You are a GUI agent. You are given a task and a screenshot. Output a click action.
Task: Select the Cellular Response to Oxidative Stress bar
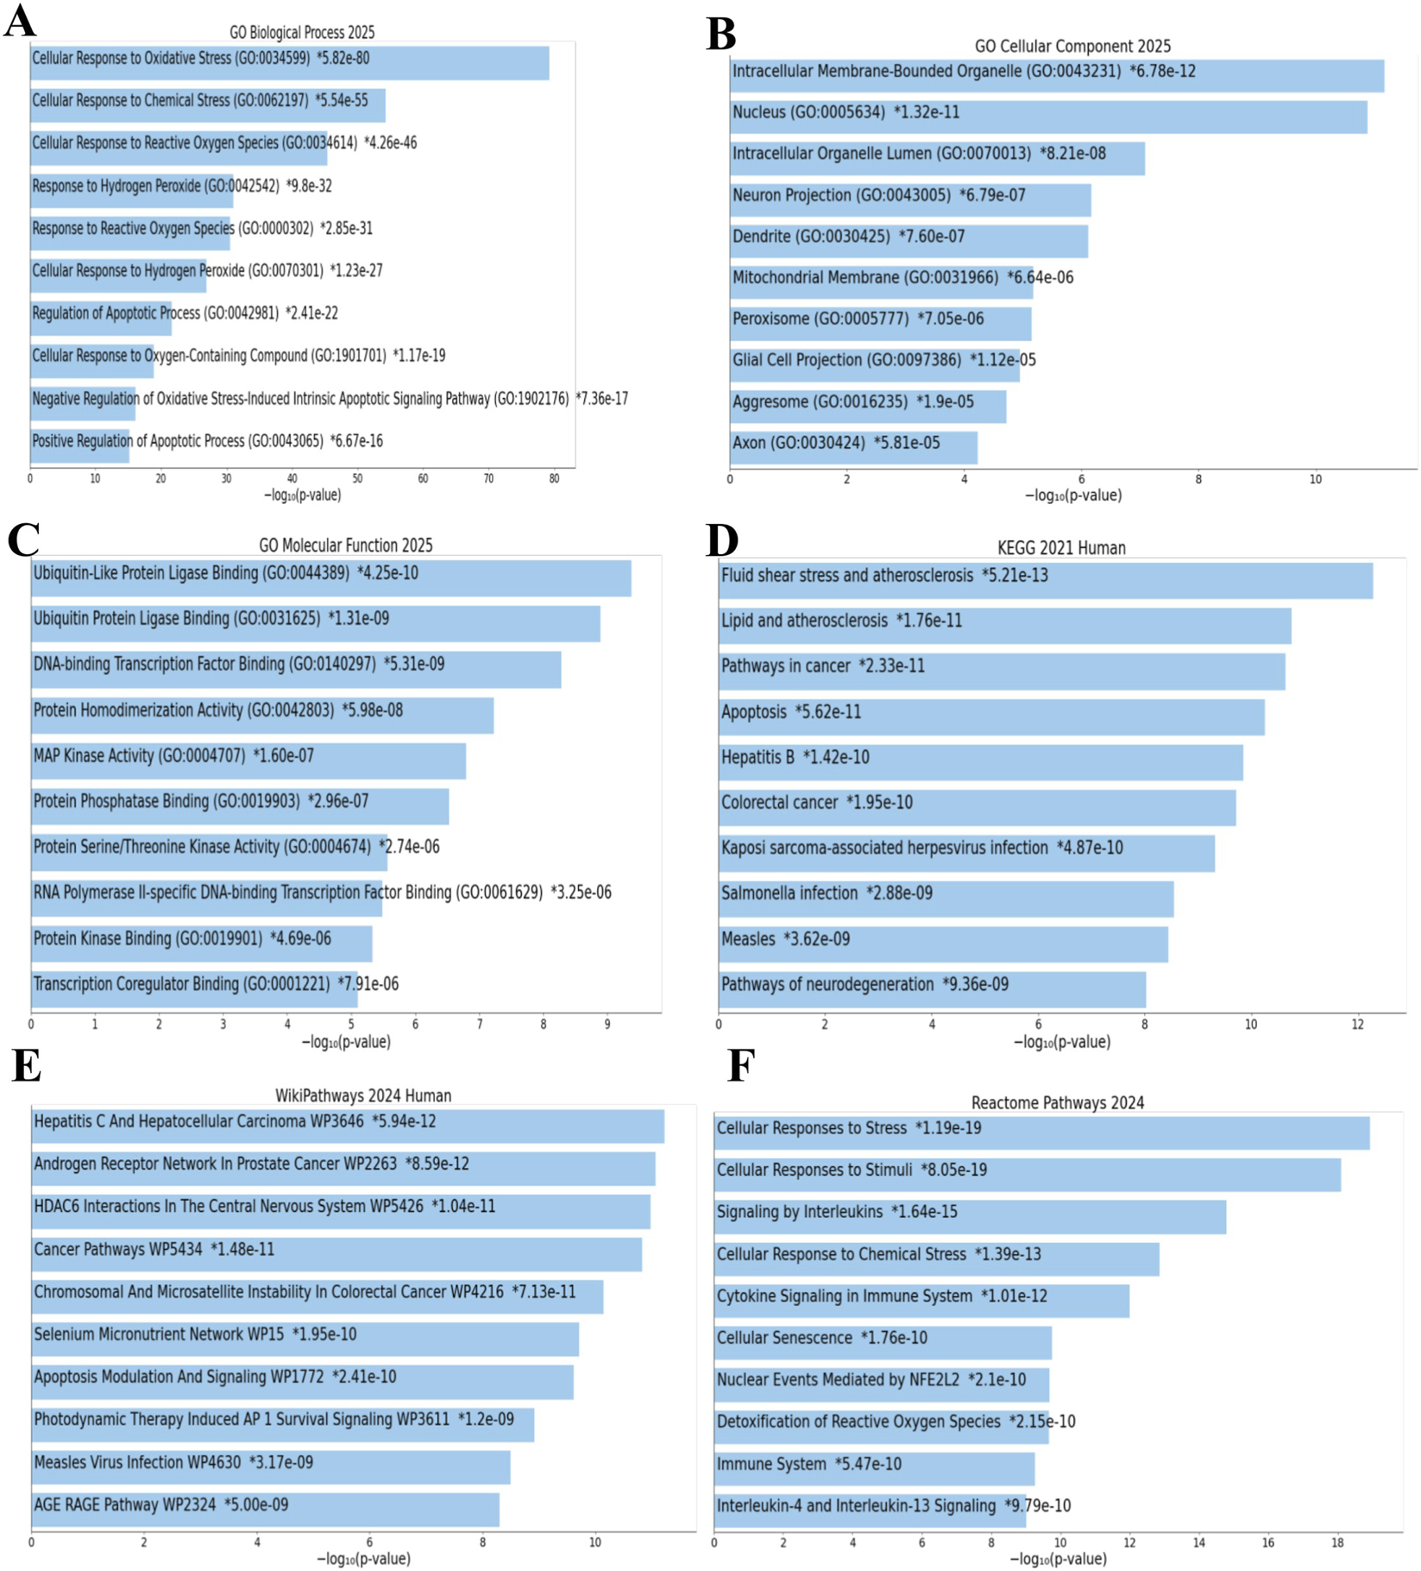pos(289,62)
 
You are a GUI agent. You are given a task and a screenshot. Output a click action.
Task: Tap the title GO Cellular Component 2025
pos(1072,46)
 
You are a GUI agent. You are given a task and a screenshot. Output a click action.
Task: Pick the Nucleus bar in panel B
pos(1047,117)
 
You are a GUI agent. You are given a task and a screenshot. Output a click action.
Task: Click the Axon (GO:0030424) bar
pos(852,447)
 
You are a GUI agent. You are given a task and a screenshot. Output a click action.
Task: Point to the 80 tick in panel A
pos(554,478)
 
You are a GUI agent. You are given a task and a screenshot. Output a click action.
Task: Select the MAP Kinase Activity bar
pos(248,760)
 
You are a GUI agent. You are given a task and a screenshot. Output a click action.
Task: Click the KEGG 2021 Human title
pos(1060,548)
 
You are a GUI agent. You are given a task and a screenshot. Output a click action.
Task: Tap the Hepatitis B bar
pos(980,762)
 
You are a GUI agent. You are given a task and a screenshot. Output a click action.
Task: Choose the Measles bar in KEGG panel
pos(942,943)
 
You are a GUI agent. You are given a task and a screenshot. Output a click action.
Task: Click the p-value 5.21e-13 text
pos(1015,576)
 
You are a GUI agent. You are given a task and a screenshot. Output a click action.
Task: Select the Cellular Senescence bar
pos(882,1342)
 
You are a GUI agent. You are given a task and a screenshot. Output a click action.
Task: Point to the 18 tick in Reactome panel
pos(1336,1543)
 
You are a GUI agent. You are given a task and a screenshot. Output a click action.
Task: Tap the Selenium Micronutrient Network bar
pos(305,1339)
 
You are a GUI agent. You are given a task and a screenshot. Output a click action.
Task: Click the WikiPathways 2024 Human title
pos(362,1095)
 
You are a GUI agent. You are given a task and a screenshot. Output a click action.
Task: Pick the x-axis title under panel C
pos(346,1042)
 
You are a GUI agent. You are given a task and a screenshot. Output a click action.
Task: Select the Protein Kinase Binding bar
pos(201,943)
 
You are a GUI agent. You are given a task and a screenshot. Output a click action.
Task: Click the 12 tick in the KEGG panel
pos(1357,1025)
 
